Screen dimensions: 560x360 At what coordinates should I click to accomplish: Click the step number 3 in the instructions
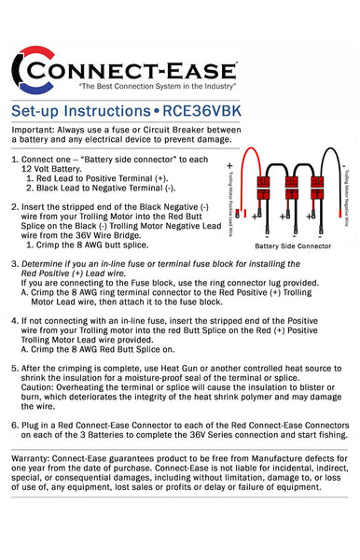point(15,265)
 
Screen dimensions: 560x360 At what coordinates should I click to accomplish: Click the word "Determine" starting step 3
point(47,265)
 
